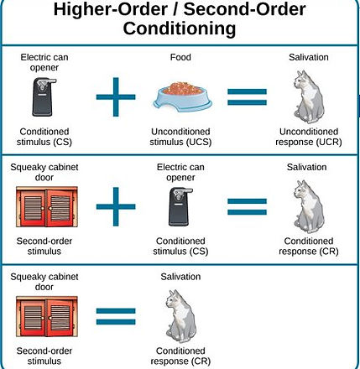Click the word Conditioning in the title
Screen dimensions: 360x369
click(180, 29)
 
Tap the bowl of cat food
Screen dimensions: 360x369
click(182, 96)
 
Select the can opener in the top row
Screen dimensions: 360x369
click(44, 96)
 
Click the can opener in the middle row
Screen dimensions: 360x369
click(180, 206)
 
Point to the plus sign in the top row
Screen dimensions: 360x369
click(116, 97)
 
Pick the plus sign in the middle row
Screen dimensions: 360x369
click(116, 206)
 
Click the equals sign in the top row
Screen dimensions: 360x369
click(247, 97)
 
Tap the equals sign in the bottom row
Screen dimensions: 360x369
click(116, 316)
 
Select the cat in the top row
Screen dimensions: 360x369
click(309, 97)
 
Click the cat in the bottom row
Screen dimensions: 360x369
click(180, 316)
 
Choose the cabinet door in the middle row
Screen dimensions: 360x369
click(47, 207)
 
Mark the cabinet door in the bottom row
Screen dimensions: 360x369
click(47, 316)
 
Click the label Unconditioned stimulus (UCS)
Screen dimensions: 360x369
click(180, 137)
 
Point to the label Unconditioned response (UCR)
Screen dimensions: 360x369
click(309, 137)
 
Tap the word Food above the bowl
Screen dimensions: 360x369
click(180, 57)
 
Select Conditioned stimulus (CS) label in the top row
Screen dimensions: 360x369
click(44, 137)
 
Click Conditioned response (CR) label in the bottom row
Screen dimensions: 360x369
click(180, 356)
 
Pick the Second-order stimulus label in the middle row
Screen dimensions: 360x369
click(44, 246)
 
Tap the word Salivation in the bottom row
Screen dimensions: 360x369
click(180, 277)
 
